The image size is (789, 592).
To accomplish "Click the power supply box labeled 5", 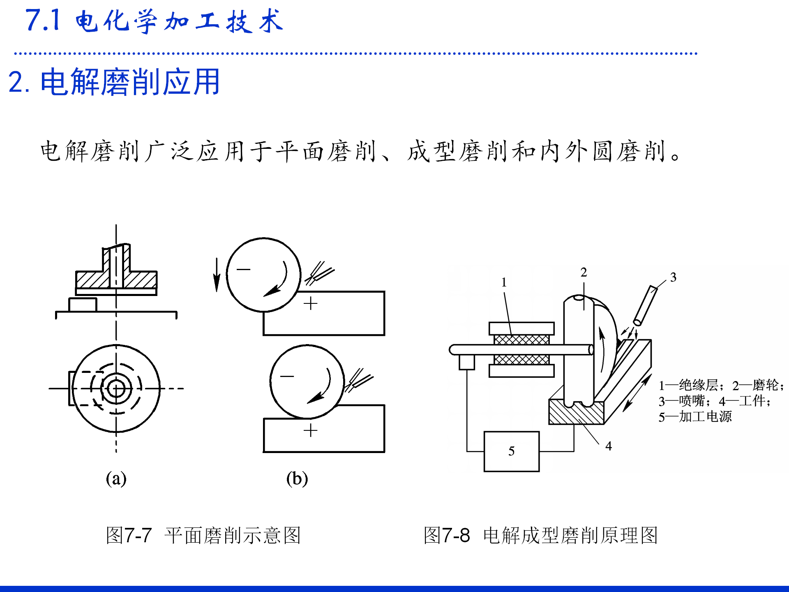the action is [x=511, y=451].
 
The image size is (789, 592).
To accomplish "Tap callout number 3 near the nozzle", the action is [x=673, y=277].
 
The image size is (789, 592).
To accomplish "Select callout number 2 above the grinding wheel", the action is [x=584, y=272].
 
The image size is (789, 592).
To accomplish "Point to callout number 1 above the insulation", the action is [x=504, y=282].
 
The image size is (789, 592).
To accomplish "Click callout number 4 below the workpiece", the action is [x=609, y=446].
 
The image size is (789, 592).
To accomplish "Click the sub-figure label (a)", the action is [x=116, y=479].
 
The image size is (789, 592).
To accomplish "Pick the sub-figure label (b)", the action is [x=297, y=479].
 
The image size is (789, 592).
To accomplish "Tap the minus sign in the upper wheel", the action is [x=243, y=269].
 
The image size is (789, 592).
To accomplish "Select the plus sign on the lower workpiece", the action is [x=310, y=430].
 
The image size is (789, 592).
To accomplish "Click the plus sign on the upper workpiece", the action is [x=310, y=303].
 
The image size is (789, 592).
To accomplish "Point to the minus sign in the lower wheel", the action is [x=287, y=376].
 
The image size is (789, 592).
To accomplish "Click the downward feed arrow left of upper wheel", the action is [x=217, y=275].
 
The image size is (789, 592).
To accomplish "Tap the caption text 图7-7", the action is [x=129, y=535].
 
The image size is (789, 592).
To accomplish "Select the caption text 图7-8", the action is [x=447, y=535].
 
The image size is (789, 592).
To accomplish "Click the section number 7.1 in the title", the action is [x=43, y=20].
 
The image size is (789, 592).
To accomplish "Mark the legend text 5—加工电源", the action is [x=695, y=417].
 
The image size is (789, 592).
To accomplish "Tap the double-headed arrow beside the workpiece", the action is [x=637, y=393].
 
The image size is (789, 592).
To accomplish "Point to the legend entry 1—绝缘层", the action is [x=689, y=385].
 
